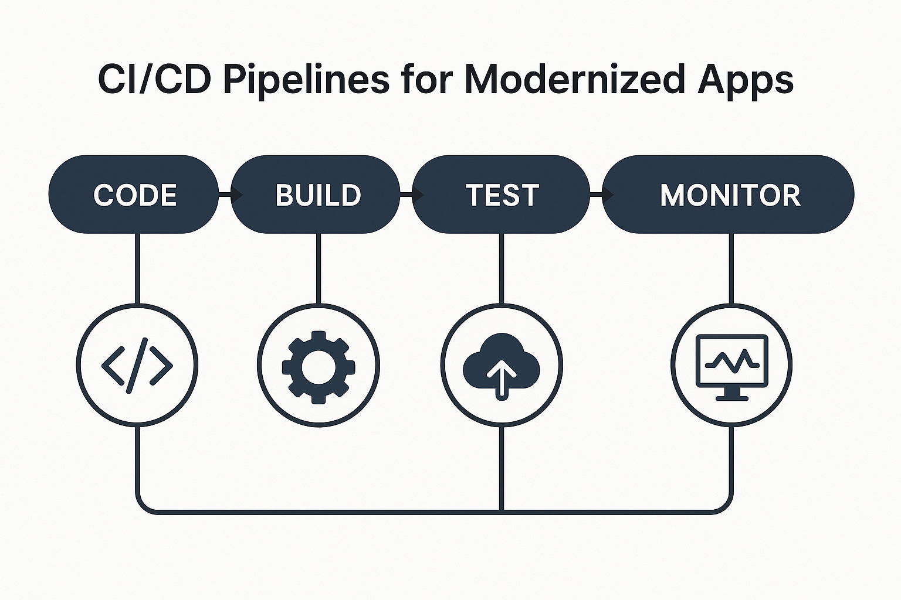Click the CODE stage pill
pos(134,195)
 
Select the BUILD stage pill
pos(316,195)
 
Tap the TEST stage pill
pos(501,195)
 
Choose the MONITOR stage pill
pos(728,195)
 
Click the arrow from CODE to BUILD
pos(231,195)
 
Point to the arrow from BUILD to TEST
pos(412,195)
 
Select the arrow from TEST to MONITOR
pos(602,195)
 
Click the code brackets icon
pos(137,365)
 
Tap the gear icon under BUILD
pos(319,367)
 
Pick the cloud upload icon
pos(502,366)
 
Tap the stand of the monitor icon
pos(732,394)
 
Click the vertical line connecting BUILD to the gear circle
pos(319,268)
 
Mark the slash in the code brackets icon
pos(137,365)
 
